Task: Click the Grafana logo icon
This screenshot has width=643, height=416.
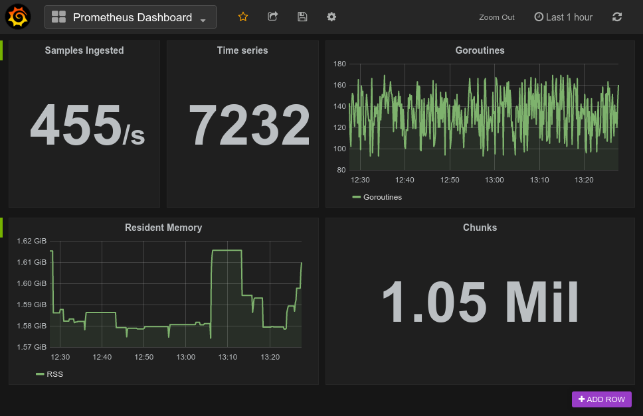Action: point(18,17)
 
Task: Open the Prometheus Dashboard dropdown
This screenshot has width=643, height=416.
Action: point(130,17)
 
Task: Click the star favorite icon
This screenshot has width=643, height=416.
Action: point(243,17)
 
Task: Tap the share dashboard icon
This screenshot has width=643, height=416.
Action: point(272,17)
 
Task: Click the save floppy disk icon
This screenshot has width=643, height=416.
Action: point(302,17)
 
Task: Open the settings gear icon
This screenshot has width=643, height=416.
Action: point(331,17)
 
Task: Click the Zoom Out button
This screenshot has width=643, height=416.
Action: point(496,17)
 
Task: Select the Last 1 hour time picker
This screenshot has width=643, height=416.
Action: point(563,17)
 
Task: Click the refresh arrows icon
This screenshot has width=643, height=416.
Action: point(617,17)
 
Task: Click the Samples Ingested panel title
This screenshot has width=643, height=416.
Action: point(84,50)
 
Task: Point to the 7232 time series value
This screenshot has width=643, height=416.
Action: point(249,125)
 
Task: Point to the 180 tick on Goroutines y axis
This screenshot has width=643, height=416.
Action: point(339,64)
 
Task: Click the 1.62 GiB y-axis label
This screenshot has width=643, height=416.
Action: point(31,241)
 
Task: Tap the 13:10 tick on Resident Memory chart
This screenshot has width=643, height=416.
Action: point(228,357)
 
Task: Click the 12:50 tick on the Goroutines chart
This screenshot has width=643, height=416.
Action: point(450,180)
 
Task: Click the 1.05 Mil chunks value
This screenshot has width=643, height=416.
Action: point(480,301)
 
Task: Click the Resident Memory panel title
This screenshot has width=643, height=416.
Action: point(163,228)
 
